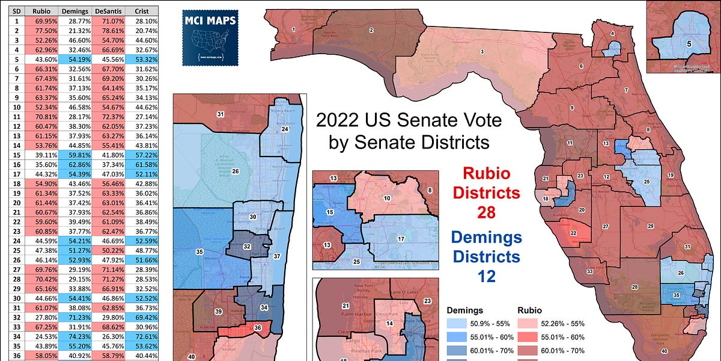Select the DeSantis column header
click(109, 11)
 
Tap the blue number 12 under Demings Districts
click(485, 277)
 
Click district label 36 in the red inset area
click(258, 327)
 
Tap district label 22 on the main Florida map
click(574, 233)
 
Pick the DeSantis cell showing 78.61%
click(109, 30)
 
